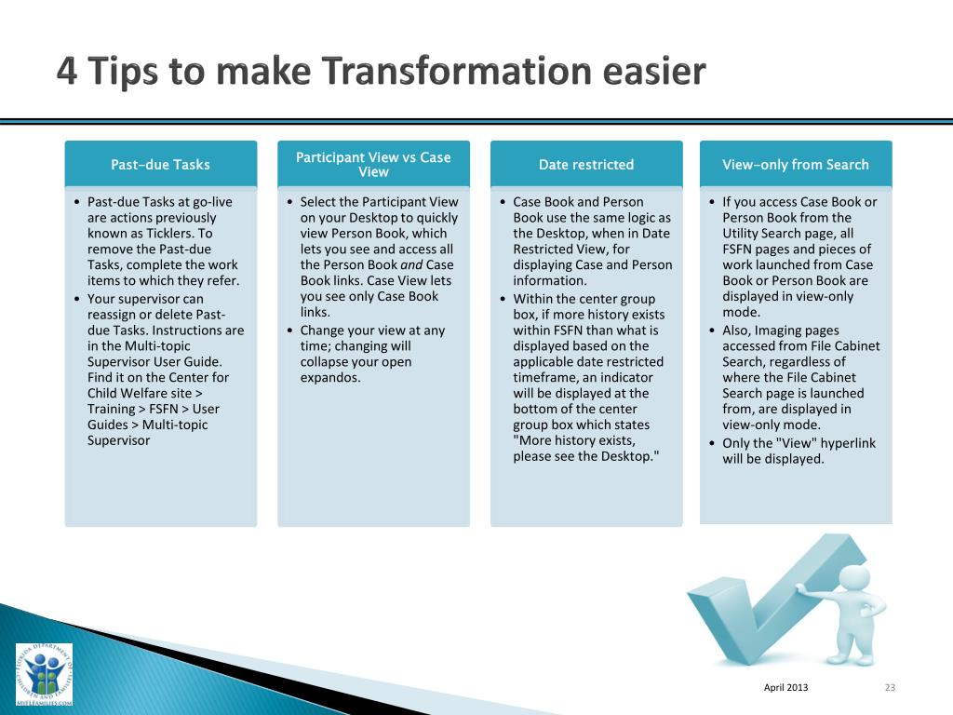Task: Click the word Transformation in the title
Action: (456, 70)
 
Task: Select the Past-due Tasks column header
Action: (161, 164)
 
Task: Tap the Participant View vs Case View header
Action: (374, 164)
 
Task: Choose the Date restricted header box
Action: (586, 164)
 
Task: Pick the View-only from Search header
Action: (797, 164)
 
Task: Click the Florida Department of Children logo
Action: (44, 675)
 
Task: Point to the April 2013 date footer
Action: (785, 687)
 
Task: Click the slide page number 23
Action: (891, 687)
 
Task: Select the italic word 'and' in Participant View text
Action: (411, 265)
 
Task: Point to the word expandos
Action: (330, 378)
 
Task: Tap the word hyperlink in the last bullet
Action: (848, 443)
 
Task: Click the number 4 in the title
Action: (67, 70)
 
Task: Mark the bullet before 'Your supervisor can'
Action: (76, 299)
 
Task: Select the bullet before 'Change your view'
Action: (289, 331)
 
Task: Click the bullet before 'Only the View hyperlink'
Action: (712, 443)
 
